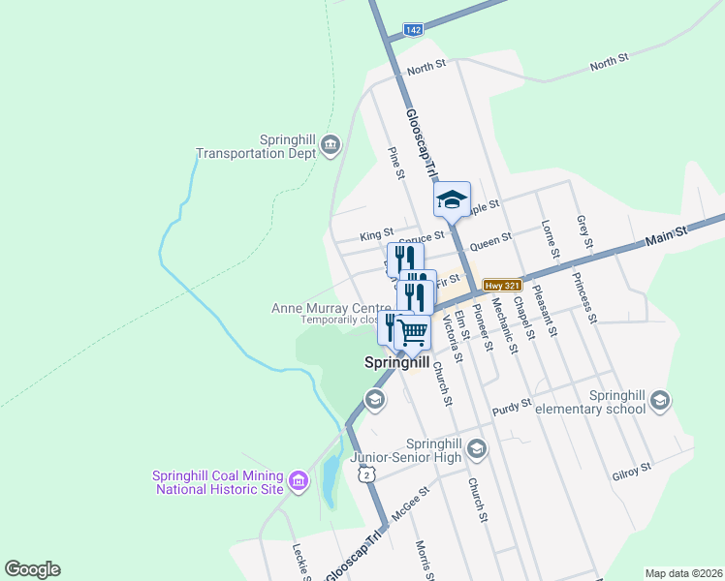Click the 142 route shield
[413, 31]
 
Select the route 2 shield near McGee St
[365, 474]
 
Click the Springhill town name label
[395, 364]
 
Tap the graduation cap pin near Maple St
[452, 199]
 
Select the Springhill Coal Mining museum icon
[298, 480]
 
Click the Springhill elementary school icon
[660, 401]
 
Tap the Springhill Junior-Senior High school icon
[476, 448]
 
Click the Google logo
[32, 569]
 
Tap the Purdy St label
[513, 404]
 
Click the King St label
[375, 234]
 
